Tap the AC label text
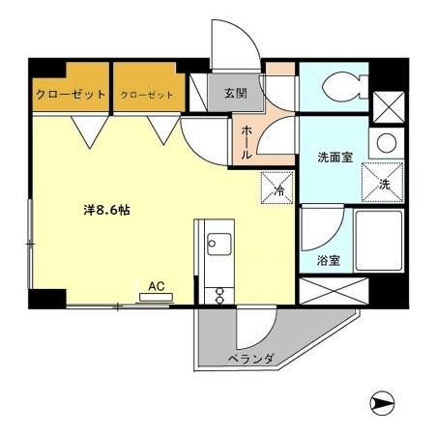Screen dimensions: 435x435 point(156,285)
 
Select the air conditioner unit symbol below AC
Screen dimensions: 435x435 point(156,297)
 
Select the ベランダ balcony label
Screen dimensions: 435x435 point(251,360)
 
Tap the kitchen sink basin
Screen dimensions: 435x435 point(216,243)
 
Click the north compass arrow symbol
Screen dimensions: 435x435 point(384,402)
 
